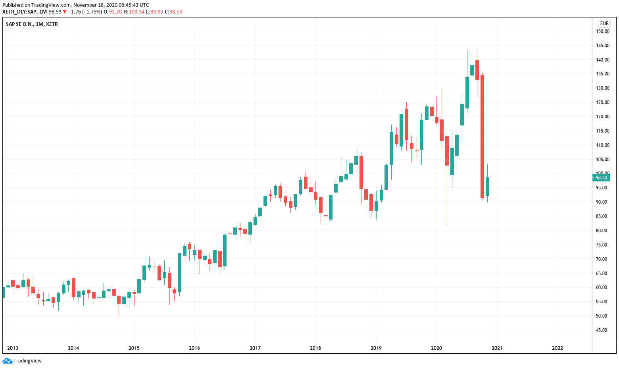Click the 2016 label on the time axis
[x=194, y=348]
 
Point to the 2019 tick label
[x=376, y=348]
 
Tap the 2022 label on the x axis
[x=557, y=348]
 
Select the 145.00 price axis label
[x=603, y=46]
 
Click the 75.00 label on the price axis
[x=602, y=245]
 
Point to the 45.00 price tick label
[x=602, y=330]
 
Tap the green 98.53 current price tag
[x=601, y=178]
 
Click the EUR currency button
[x=604, y=23]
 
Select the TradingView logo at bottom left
[x=22, y=361]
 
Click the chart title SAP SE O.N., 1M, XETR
[x=32, y=24]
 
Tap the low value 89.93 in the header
[x=156, y=12]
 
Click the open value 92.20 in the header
[x=115, y=12]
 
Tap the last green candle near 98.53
[x=487, y=186]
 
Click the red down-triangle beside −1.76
[x=65, y=12]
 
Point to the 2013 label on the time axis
[x=13, y=348]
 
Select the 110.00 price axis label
[x=603, y=145]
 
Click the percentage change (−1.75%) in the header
[x=92, y=12]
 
